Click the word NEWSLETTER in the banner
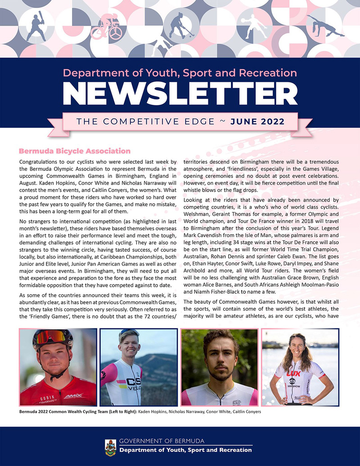180,95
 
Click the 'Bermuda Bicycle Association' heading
74,151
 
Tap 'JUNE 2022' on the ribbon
257,121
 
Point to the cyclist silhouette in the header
106,26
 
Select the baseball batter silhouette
36,25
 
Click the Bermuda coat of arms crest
110,447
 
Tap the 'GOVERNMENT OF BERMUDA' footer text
162,441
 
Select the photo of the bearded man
219,367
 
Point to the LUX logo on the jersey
293,373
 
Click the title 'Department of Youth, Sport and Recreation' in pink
180,73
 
